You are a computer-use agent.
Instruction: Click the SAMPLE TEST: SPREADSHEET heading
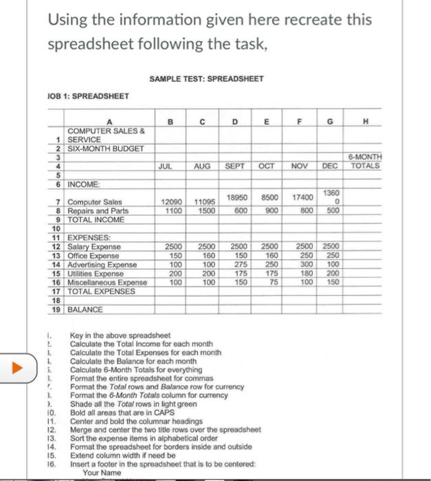(205, 78)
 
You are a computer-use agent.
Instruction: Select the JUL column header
(165, 166)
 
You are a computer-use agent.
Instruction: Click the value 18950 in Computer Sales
(236, 196)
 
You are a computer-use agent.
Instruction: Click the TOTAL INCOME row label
(96, 219)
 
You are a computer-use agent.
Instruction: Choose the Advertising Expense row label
(103, 265)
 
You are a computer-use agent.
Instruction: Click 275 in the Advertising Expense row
(241, 264)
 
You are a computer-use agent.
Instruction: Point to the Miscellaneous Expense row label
(107, 282)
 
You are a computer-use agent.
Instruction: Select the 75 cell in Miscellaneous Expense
(274, 282)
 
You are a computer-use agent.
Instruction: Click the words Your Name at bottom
(102, 473)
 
